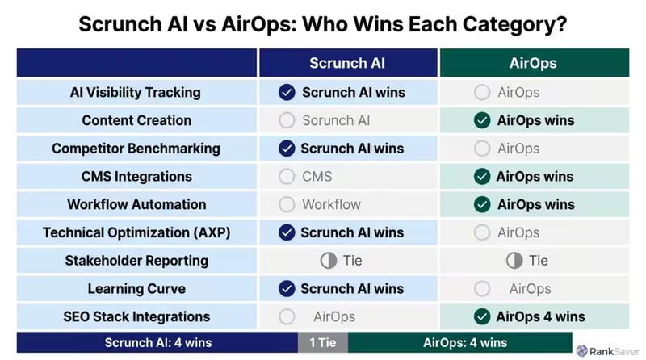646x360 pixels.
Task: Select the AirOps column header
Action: (x=533, y=63)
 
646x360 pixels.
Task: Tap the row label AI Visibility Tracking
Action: (x=136, y=92)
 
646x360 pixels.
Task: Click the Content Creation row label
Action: (x=136, y=120)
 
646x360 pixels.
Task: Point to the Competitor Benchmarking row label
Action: (x=136, y=149)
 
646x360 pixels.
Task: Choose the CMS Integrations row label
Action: (x=136, y=176)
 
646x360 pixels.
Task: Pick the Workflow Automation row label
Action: (x=136, y=204)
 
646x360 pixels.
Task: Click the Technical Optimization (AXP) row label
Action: (x=136, y=232)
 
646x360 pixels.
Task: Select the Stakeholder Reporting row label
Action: (x=136, y=261)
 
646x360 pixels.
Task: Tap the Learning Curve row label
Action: (x=136, y=288)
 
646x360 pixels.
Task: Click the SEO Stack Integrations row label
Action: (x=136, y=316)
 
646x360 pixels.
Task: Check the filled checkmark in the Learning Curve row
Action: (x=286, y=288)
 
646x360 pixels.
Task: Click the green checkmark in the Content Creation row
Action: (x=482, y=120)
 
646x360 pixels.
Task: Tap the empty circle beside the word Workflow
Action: (x=286, y=204)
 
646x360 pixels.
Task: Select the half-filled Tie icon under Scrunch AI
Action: (x=328, y=261)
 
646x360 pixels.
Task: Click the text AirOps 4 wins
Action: (x=540, y=316)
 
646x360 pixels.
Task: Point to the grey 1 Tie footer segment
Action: (x=323, y=342)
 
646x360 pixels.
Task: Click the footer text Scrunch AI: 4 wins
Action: (x=158, y=342)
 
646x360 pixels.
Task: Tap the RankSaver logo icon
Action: (x=584, y=351)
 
